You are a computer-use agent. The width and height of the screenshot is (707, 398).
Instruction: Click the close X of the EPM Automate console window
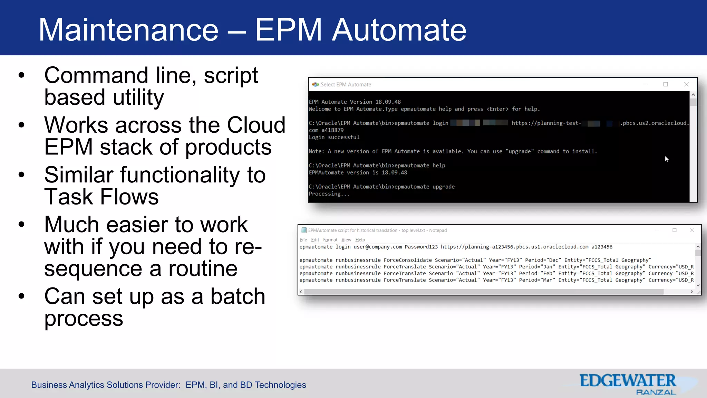pyautogui.click(x=686, y=84)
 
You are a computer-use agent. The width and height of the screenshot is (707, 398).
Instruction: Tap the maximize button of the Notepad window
pyautogui.click(x=675, y=230)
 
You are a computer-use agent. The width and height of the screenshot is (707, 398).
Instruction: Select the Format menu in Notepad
pyautogui.click(x=330, y=240)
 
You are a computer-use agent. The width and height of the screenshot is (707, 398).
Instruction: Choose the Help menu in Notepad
pyautogui.click(x=360, y=240)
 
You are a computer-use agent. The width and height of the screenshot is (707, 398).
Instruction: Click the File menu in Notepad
pyautogui.click(x=303, y=240)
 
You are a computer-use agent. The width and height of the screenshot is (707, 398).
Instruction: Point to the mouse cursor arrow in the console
pyautogui.click(x=667, y=159)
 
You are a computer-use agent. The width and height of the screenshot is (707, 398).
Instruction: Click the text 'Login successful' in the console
pyautogui.click(x=334, y=137)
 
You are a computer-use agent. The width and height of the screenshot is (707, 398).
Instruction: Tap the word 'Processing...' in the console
pyautogui.click(x=329, y=194)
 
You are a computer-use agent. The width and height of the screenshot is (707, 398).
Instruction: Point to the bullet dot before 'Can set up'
pyautogui.click(x=22, y=296)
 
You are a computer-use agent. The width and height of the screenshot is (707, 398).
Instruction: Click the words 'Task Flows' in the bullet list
pyautogui.click(x=101, y=197)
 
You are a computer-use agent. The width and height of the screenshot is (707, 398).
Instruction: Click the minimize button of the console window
pyautogui.click(x=645, y=84)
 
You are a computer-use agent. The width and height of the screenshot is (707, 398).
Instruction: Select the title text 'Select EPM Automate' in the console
pyautogui.click(x=346, y=85)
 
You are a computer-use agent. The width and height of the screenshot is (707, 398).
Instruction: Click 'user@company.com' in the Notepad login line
pyautogui.click(x=378, y=247)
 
